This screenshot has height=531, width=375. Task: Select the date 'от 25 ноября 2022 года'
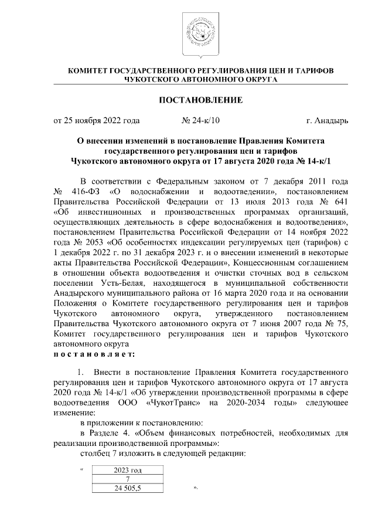coord(97,121)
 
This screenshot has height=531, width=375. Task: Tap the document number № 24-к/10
coord(201,121)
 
